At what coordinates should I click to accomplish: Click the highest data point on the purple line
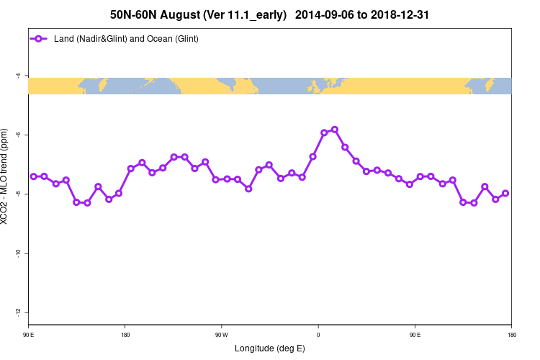click(x=335, y=130)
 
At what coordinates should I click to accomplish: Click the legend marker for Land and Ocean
click(x=40, y=39)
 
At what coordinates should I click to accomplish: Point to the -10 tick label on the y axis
click(x=17, y=253)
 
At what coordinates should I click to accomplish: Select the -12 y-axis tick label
click(x=17, y=312)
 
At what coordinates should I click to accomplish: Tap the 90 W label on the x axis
click(x=221, y=335)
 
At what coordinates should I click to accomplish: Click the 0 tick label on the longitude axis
click(x=318, y=335)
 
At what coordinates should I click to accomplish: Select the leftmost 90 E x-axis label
click(x=29, y=335)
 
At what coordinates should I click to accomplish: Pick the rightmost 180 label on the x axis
click(x=511, y=335)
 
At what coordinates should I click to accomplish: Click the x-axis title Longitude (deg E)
click(x=270, y=348)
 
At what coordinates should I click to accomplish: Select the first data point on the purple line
click(x=34, y=176)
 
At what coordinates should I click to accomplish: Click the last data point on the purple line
click(x=505, y=193)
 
